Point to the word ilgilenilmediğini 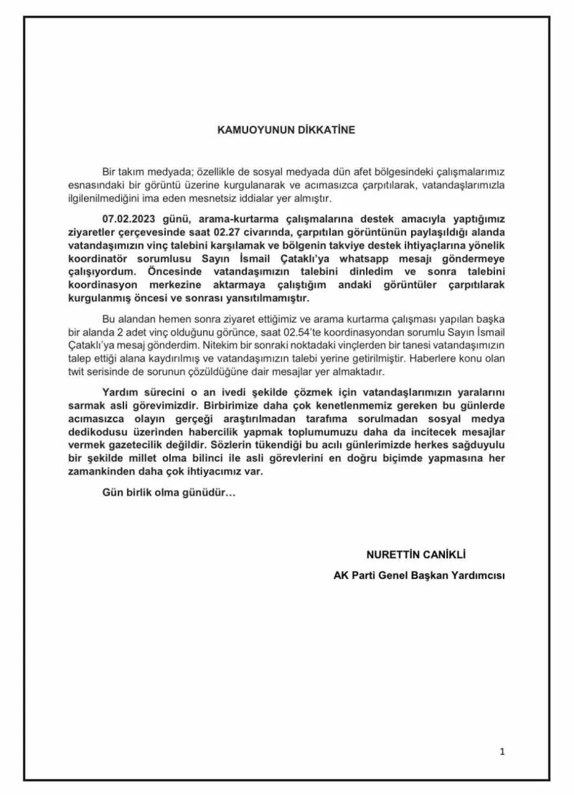110,197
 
